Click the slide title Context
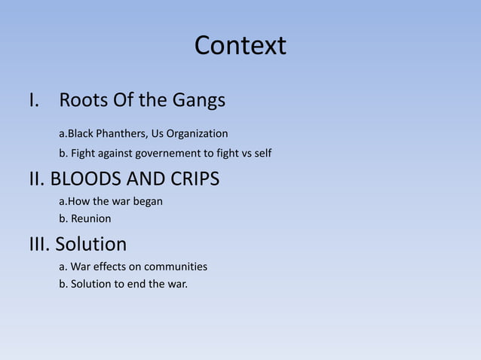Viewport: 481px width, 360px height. [240, 46]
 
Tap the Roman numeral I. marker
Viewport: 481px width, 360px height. [34, 100]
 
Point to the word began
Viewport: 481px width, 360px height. [148, 202]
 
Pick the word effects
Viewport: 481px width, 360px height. [112, 267]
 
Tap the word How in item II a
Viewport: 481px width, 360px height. [78, 202]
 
